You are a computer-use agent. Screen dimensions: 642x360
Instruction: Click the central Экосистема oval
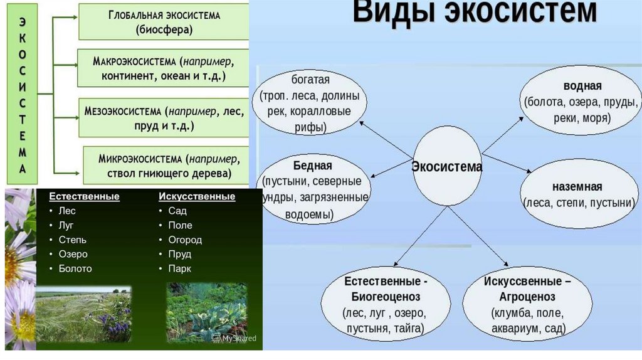[x=447, y=167]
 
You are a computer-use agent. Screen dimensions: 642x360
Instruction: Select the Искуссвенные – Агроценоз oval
[x=527, y=304]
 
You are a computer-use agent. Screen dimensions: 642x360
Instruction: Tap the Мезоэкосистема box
[x=164, y=118]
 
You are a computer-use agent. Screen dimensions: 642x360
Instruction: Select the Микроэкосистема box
[x=165, y=164]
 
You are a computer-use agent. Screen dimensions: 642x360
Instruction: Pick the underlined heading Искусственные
[x=197, y=196]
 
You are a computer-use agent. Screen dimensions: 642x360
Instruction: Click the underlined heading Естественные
[x=85, y=196]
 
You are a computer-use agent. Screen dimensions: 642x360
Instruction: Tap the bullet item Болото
[x=75, y=268]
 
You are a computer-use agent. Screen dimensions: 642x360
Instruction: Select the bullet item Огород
[x=185, y=240]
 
